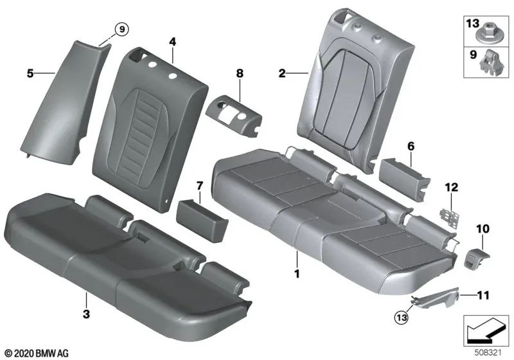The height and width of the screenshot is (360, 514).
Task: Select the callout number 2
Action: click(281, 73)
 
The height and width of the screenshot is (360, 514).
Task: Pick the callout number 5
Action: click(30, 74)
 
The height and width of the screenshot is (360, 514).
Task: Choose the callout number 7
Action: click(199, 186)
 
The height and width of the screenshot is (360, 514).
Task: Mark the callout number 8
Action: click(240, 74)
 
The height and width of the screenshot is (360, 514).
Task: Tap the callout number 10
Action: click(483, 228)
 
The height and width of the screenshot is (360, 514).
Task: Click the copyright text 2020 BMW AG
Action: click(35, 353)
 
